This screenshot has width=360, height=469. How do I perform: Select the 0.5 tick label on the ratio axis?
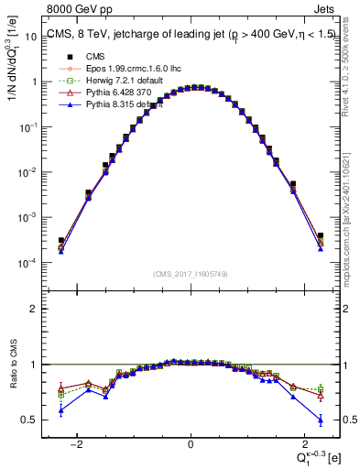[32, 420]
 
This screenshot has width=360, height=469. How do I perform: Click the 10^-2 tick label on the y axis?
[29, 172]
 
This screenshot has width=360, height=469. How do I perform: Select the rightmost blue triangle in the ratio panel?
[321, 420]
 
